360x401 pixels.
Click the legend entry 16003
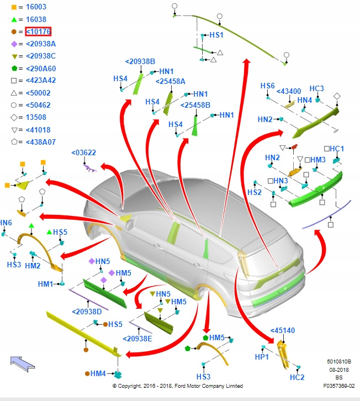35,7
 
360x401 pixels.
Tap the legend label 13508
35,118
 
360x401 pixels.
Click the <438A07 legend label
40,143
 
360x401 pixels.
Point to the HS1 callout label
216,35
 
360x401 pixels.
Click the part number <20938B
140,61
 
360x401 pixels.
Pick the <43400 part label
288,91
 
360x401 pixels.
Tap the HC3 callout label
316,88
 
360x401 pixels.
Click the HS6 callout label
267,86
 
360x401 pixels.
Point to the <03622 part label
83,153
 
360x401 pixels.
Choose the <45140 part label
282,331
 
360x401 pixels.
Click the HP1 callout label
261,357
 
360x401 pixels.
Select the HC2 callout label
297,377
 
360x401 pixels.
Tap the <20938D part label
87,312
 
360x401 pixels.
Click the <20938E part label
137,338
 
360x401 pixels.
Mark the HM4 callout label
98,374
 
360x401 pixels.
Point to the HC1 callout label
336,149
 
